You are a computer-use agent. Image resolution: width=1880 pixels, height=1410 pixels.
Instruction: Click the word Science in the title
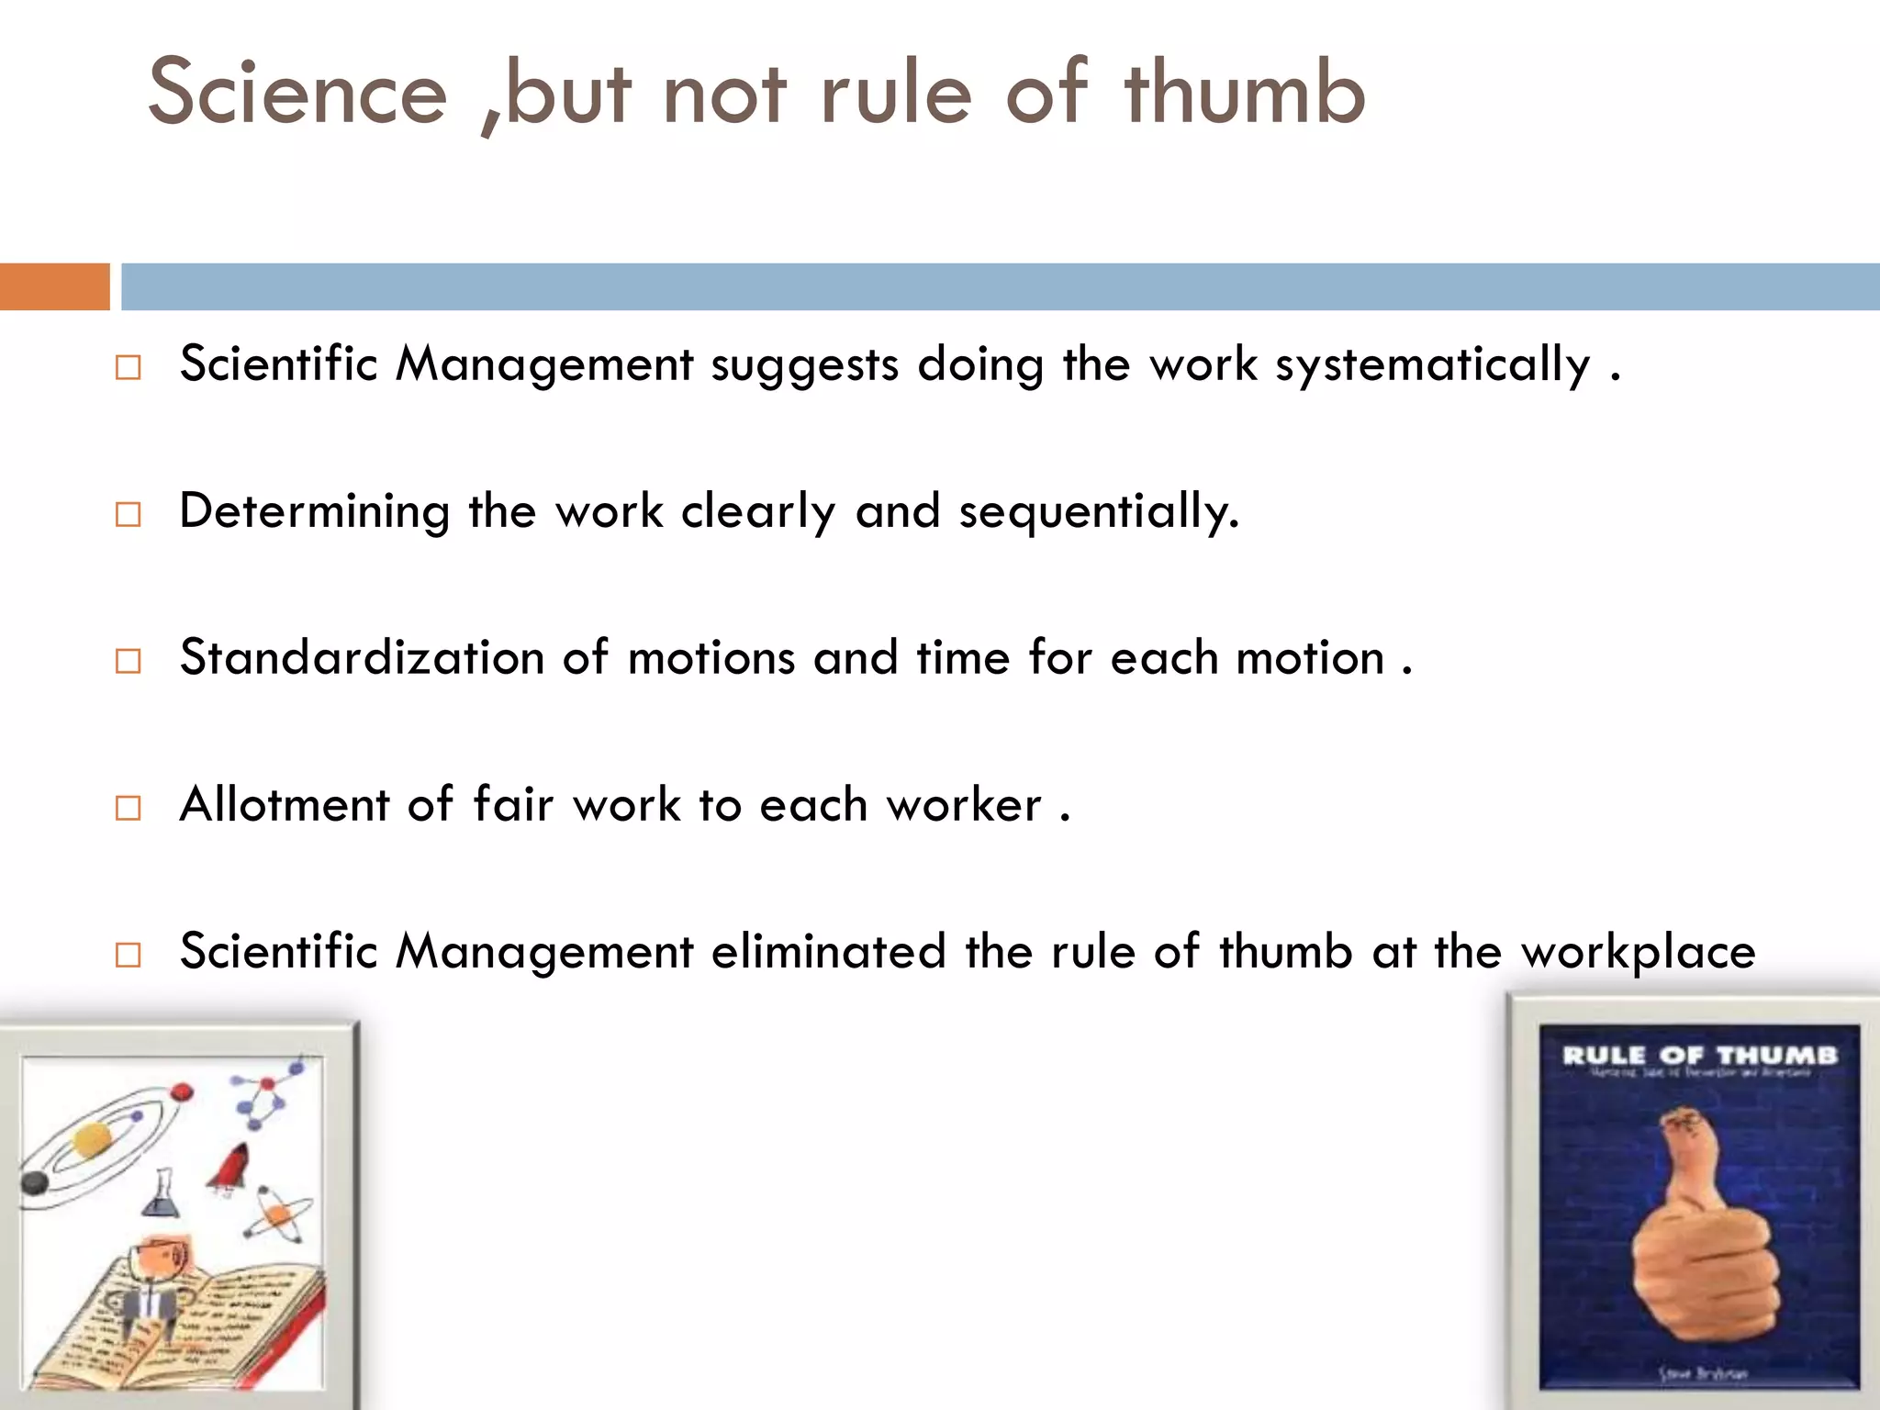297,92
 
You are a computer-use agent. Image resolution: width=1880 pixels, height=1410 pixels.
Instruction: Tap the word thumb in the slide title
1245,92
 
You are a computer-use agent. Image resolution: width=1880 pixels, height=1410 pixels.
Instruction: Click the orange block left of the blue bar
54,286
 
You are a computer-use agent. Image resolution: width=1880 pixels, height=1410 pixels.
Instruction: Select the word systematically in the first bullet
1432,364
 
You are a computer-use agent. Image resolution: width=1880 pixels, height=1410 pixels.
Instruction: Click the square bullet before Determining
129,514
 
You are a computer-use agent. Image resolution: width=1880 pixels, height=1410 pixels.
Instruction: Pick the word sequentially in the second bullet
1098,511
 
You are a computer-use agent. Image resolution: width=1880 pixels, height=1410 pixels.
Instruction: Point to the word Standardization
362,657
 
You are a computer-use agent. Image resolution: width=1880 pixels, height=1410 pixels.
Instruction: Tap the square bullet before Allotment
129,808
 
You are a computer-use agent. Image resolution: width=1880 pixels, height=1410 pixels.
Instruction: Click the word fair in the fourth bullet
513,804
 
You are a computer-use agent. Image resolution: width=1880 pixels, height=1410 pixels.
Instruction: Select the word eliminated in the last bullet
828,951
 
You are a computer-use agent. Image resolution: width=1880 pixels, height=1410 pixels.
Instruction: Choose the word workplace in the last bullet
1639,953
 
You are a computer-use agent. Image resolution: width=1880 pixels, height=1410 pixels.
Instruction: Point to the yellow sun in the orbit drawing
92,1141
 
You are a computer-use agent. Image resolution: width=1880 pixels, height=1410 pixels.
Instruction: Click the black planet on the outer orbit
35,1183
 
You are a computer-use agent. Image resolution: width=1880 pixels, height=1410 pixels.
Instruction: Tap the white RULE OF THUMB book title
1699,1056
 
